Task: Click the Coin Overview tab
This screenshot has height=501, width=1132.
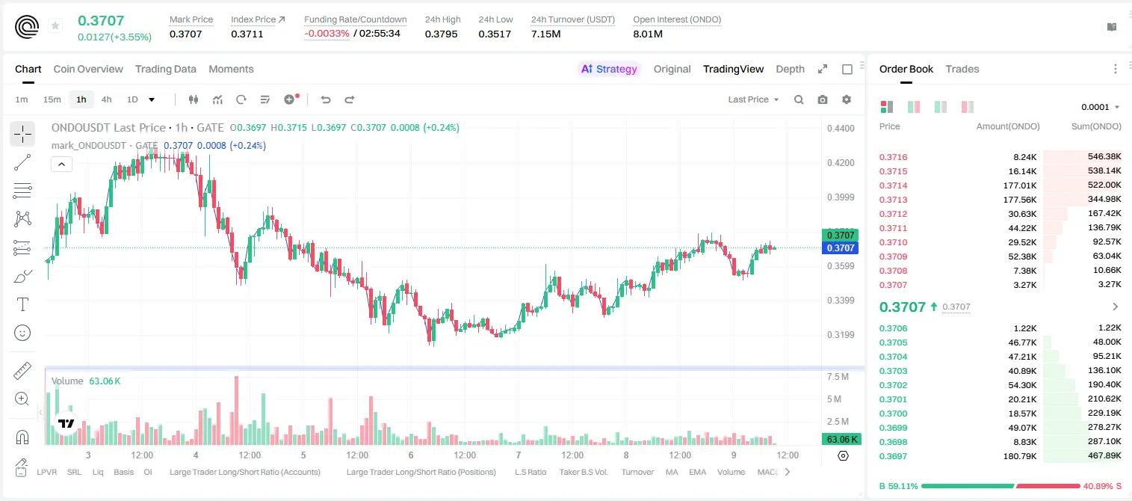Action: pos(88,69)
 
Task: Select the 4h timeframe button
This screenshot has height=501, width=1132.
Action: pos(106,99)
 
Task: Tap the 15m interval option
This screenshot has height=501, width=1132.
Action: pos(52,99)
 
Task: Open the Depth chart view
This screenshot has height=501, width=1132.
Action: pos(790,69)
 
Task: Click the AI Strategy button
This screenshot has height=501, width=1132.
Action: pos(609,69)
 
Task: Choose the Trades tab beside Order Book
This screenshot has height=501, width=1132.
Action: pos(962,69)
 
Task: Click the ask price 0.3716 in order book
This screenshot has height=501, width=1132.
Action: pos(893,157)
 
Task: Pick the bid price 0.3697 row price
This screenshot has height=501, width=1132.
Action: pos(893,456)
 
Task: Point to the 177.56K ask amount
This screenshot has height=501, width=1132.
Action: pos(1020,200)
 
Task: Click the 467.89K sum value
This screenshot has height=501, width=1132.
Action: pos(1104,455)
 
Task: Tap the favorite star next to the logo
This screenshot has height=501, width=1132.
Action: pos(55,25)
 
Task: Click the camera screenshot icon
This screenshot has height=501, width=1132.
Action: pos(823,99)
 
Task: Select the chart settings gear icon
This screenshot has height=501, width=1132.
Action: pos(847,99)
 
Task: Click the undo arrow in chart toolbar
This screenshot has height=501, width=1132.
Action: pos(326,99)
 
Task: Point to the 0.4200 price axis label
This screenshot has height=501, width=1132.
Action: pos(841,163)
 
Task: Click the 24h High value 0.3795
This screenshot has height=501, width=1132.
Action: pos(441,34)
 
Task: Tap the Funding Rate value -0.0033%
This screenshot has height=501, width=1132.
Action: pos(327,34)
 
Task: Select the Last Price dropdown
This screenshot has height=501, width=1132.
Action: pos(753,99)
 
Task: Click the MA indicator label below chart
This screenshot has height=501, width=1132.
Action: pos(672,472)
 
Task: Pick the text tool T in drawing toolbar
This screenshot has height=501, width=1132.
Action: pos(22,304)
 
